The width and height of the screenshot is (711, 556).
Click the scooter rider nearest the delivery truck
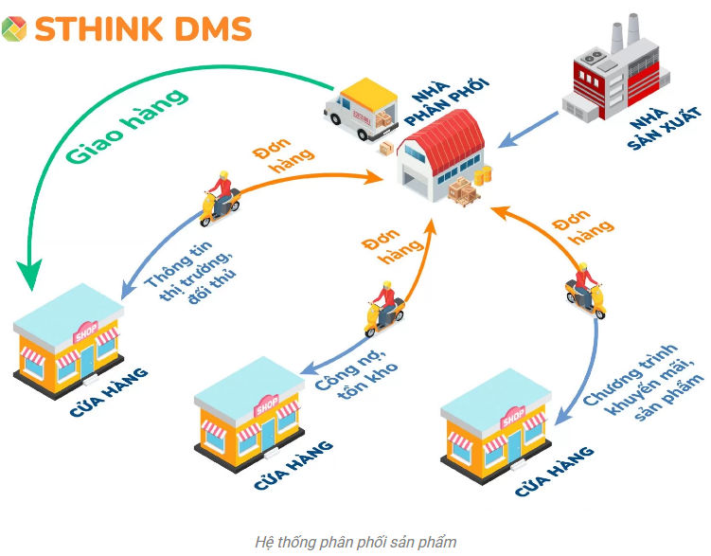tap(221, 198)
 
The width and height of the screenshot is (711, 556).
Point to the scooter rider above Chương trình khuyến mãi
tap(585, 284)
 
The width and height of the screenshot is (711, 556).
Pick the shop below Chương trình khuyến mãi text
tap(496, 437)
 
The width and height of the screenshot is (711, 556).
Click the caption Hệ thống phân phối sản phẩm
tap(356, 542)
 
